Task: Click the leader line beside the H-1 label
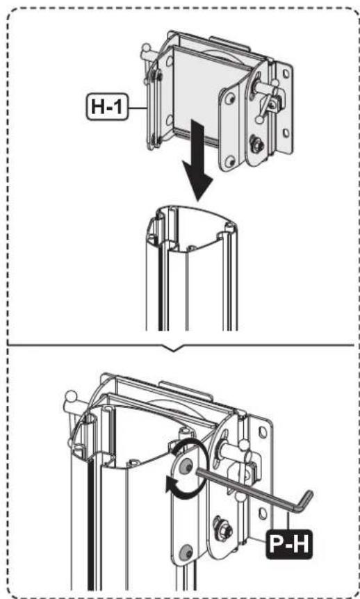[x=138, y=108]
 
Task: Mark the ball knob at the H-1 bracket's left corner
[x=145, y=48]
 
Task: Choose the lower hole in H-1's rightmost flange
[x=286, y=133]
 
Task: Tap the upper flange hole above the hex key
[x=263, y=432]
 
